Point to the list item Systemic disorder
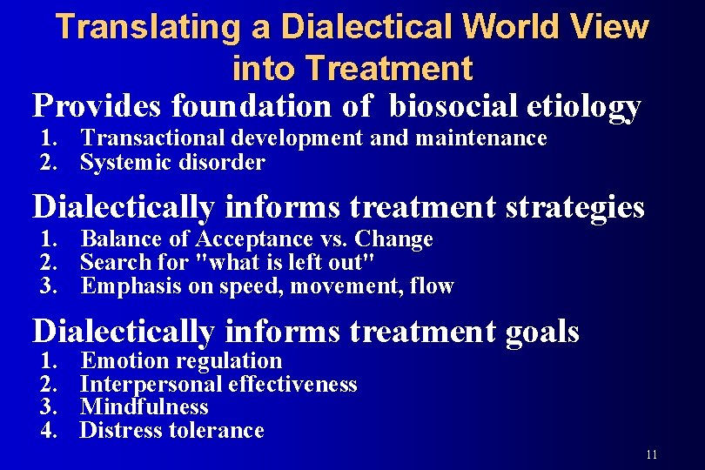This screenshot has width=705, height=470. (172, 162)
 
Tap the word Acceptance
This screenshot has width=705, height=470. (252, 239)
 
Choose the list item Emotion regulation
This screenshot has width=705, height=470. (181, 361)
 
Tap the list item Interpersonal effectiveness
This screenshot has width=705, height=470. (218, 384)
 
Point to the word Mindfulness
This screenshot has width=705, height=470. (144, 406)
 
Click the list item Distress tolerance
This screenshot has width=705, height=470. (171, 430)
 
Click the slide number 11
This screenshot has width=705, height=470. (653, 455)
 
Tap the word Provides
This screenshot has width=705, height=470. (97, 106)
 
